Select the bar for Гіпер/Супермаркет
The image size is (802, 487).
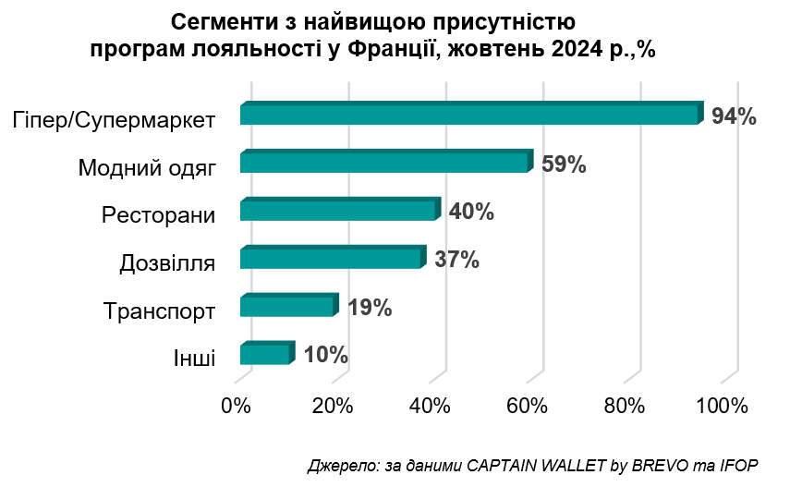468,115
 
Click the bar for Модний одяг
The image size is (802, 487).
383,163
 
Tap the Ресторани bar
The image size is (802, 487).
337,211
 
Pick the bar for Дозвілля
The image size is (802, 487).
330,259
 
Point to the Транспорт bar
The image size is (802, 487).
286,307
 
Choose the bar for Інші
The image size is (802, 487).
264,355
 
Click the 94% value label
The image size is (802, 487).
735,116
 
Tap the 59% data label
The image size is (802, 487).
564,164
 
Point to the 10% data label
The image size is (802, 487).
325,355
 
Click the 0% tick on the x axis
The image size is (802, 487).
237,406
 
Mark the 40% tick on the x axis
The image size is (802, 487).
430,406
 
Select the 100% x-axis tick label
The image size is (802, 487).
721,406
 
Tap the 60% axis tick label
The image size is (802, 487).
527,406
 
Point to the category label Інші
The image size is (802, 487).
194,358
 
